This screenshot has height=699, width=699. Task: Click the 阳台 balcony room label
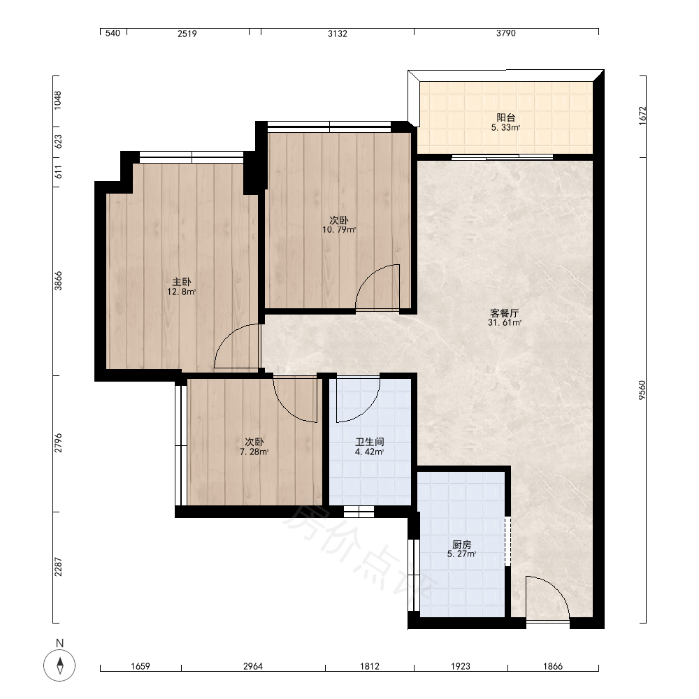coord(505,117)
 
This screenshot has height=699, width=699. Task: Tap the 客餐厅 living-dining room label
coord(504,313)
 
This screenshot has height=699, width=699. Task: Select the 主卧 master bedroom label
coord(182,282)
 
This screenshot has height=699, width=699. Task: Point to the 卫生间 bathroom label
coord(370,442)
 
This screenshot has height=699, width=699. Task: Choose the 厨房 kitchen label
coord(461,545)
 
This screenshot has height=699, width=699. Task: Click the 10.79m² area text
coord(339,230)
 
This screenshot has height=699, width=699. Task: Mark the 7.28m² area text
coord(254,452)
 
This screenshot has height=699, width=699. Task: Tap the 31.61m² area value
coord(504,323)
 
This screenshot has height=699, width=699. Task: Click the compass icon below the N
coord(59,665)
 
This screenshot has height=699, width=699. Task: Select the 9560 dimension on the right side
coord(642,390)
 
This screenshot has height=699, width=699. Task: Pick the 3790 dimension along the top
coord(506,34)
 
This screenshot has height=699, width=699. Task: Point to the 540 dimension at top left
coord(113,34)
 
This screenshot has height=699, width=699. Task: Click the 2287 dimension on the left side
coord(58,567)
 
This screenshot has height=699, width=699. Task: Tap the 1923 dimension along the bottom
coord(461,666)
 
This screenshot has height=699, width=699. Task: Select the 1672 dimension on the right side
coord(642,116)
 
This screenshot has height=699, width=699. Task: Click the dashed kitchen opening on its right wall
coord(507,541)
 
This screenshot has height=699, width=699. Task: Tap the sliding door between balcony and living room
coord(503,157)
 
